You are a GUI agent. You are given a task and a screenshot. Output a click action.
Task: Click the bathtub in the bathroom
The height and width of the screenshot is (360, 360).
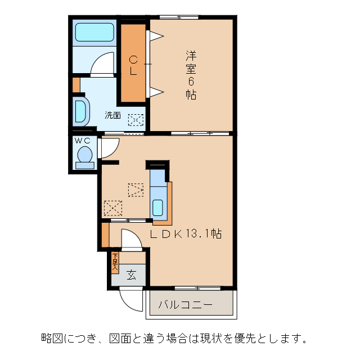pyautogui.click(x=94, y=32)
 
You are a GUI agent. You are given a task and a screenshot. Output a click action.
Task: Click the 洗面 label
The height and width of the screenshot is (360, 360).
pyautogui.click(x=112, y=115)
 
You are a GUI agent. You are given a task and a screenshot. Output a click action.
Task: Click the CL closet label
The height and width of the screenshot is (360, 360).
pyautogui.click(x=133, y=65)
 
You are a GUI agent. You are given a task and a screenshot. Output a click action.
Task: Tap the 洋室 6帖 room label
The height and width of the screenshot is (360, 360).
pyautogui.click(x=191, y=75)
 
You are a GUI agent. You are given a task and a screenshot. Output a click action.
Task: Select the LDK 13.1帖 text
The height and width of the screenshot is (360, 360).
pyautogui.click(x=186, y=233)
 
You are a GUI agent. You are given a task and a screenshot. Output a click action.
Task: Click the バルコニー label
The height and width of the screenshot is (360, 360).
pyautogui.click(x=184, y=305)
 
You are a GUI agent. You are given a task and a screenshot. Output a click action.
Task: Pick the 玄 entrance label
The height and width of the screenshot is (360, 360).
pyautogui.click(x=131, y=275)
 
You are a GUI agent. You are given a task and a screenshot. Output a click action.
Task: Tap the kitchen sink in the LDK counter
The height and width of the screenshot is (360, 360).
pyautogui.click(x=158, y=208)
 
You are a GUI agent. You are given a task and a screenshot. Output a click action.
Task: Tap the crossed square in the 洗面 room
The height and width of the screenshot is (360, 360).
pyautogui.click(x=136, y=120)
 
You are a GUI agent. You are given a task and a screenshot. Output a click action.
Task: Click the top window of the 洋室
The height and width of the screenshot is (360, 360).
pyautogui.click(x=179, y=17)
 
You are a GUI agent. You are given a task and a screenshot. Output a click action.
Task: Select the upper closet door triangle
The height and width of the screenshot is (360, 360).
pyautogui.click(x=155, y=37)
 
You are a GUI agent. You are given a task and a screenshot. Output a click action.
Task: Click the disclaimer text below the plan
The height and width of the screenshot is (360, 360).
pyautogui.click(x=174, y=339)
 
